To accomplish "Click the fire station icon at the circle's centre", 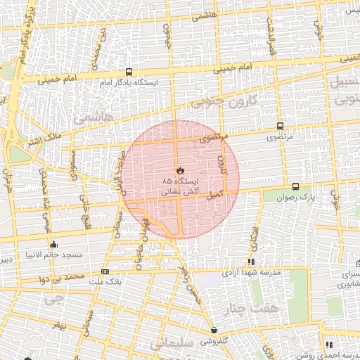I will click(x=181, y=170).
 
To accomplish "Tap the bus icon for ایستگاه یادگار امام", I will click(x=128, y=72).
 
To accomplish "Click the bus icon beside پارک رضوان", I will click(x=295, y=187).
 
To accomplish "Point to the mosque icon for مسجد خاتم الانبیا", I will click(x=53, y=244).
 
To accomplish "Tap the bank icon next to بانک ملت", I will click(x=105, y=271).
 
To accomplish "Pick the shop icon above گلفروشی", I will click(x=214, y=330).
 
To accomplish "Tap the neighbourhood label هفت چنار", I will click(x=259, y=307).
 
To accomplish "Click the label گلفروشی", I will click(x=213, y=340).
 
